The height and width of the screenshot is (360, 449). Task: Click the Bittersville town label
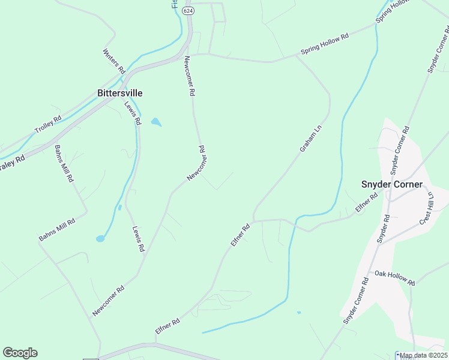pyautogui.click(x=120, y=93)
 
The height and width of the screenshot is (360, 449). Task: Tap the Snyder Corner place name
pyautogui.click(x=391, y=184)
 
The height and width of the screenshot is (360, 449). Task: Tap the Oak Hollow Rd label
pyautogui.click(x=394, y=277)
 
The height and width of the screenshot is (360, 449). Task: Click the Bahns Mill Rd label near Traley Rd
pyautogui.click(x=64, y=163)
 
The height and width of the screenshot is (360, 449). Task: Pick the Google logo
pyautogui.click(x=20, y=353)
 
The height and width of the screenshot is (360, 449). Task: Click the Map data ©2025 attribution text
pyautogui.click(x=423, y=355)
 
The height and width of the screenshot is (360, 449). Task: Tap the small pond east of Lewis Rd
pyautogui.click(x=156, y=122)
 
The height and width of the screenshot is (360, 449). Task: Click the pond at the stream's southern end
pyautogui.click(x=100, y=239)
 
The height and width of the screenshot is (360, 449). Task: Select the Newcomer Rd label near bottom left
pyautogui.click(x=108, y=301)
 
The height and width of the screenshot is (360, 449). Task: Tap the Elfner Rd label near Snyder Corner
pyautogui.click(x=366, y=202)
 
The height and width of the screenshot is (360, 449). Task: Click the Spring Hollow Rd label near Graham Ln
pyautogui.click(x=325, y=45)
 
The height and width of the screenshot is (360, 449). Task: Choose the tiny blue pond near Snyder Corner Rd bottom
pyautogui.click(x=298, y=312)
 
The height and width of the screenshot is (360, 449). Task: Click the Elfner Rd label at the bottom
pyautogui.click(x=167, y=326)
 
